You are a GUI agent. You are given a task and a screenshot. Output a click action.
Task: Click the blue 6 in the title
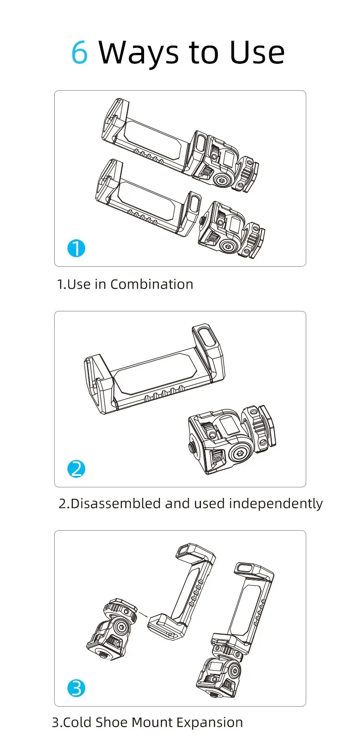pyautogui.click(x=80, y=52)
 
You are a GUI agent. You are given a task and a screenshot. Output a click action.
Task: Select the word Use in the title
pyautogui.click(x=257, y=52)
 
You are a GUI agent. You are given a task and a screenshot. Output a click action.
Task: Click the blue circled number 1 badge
pyautogui.click(x=76, y=248)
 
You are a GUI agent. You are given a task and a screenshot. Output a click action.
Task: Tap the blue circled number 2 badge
pyautogui.click(x=76, y=469)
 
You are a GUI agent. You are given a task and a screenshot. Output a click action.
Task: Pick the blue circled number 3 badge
pyautogui.click(x=76, y=688)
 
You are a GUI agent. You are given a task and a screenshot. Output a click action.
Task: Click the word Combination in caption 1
pyautogui.click(x=152, y=284)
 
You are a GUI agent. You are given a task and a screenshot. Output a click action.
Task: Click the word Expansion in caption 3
pyautogui.click(x=210, y=723)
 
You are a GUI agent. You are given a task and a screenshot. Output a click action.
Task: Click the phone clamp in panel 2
pyautogui.click(x=154, y=369)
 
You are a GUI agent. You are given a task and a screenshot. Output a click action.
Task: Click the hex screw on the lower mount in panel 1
pyautogui.click(x=228, y=246)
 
